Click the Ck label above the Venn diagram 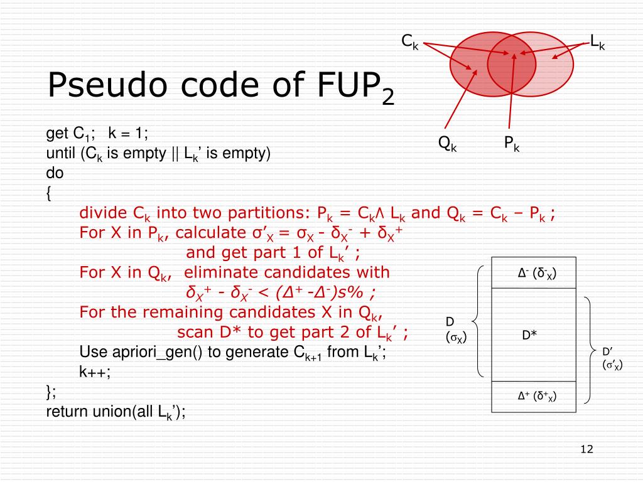[x=410, y=42]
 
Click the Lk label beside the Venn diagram [x=597, y=43]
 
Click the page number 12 [x=587, y=449]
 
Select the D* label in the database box [x=529, y=335]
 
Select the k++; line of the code [x=95, y=372]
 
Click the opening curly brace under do [x=49, y=194]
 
